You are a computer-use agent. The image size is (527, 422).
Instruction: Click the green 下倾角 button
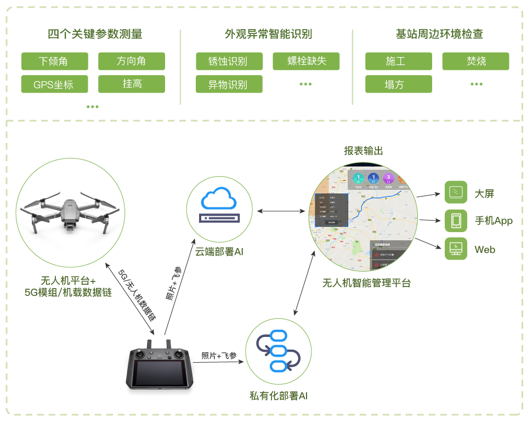54,61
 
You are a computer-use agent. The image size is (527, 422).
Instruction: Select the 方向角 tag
131,61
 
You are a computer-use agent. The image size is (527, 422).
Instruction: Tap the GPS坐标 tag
54,85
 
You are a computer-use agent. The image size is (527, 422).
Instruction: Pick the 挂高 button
131,84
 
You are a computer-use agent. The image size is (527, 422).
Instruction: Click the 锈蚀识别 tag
229,61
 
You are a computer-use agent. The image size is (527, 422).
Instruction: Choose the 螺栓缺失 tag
306,61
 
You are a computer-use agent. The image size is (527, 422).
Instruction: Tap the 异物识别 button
229,85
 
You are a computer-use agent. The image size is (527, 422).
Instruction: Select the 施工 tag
398,61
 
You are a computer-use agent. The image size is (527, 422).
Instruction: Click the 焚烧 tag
475,61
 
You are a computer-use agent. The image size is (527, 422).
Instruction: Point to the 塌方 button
398,85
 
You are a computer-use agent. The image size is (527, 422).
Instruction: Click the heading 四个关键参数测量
95,34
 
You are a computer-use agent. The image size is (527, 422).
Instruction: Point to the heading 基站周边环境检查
439,34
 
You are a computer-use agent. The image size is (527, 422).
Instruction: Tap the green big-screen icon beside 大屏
456,193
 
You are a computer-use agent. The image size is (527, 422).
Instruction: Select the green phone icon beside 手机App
456,221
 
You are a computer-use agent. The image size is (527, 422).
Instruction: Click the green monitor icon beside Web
456,249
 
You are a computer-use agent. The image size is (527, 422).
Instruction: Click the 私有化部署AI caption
279,395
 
